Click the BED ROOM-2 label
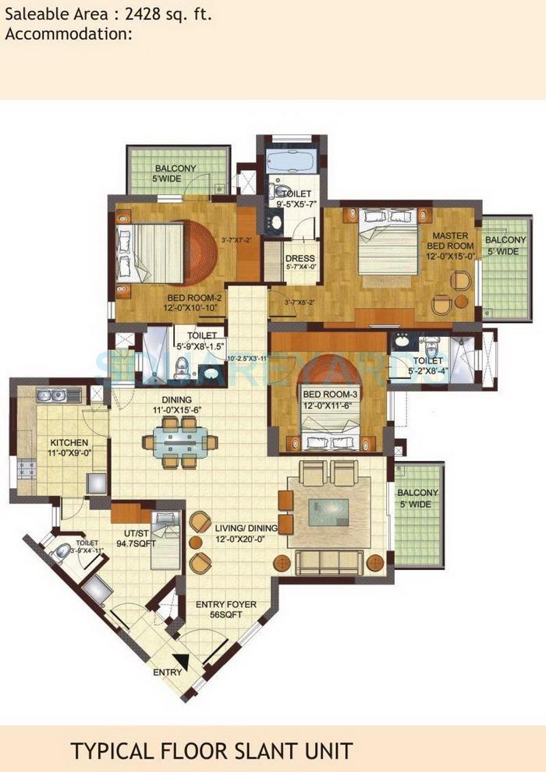pos(194,303)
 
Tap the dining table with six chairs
pos(180,442)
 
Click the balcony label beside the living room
pos(417,498)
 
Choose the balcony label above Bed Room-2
pos(175,173)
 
